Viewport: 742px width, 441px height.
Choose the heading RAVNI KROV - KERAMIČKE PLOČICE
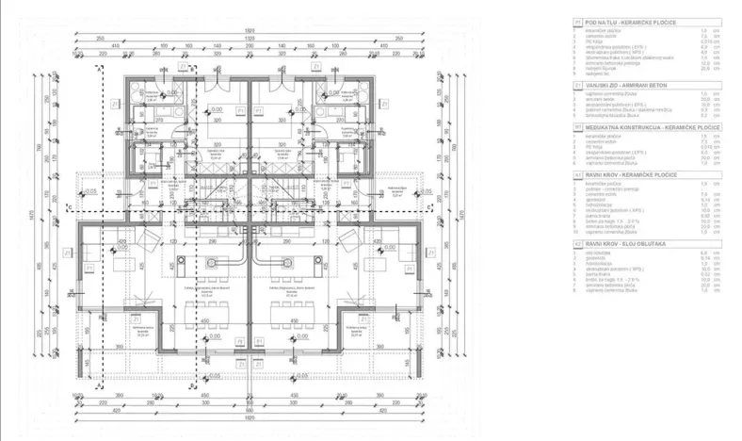click(x=634, y=174)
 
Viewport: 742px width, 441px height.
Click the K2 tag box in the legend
click(x=576, y=242)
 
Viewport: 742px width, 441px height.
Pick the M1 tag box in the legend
click(x=576, y=125)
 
